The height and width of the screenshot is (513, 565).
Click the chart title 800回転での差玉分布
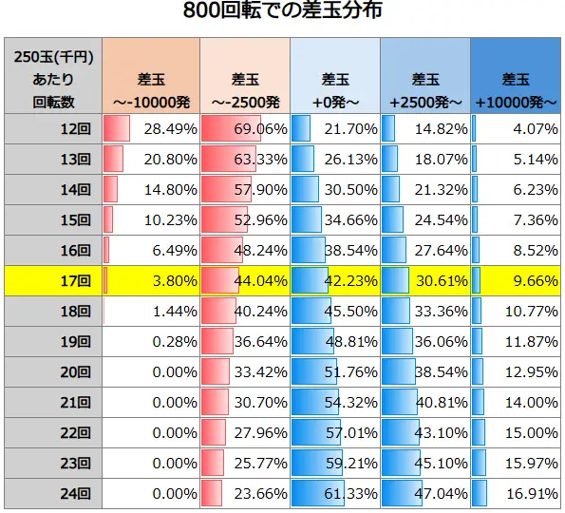(x=283, y=13)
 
